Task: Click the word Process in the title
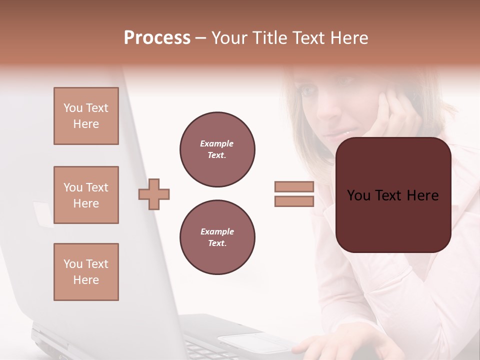(157, 38)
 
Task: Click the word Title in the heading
(268, 38)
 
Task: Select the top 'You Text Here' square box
(86, 116)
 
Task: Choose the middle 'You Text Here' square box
(86, 195)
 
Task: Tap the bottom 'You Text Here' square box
(86, 272)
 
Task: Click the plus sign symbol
(154, 194)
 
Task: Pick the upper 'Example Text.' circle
(217, 149)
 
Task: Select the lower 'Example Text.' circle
(217, 237)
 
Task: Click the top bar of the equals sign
(294, 186)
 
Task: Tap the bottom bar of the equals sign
(294, 201)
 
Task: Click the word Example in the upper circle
(216, 143)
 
